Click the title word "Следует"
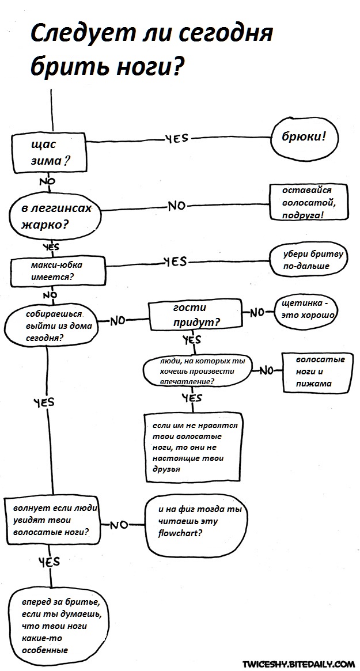(x=75, y=35)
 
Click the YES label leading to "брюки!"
(x=176, y=139)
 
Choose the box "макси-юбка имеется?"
(x=59, y=271)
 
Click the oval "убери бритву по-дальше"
(x=308, y=260)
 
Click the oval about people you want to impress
(x=198, y=371)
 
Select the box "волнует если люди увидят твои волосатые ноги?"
(x=52, y=521)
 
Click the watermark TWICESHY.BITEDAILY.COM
(x=298, y=664)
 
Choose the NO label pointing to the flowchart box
(x=119, y=525)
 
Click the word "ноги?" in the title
(x=149, y=68)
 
